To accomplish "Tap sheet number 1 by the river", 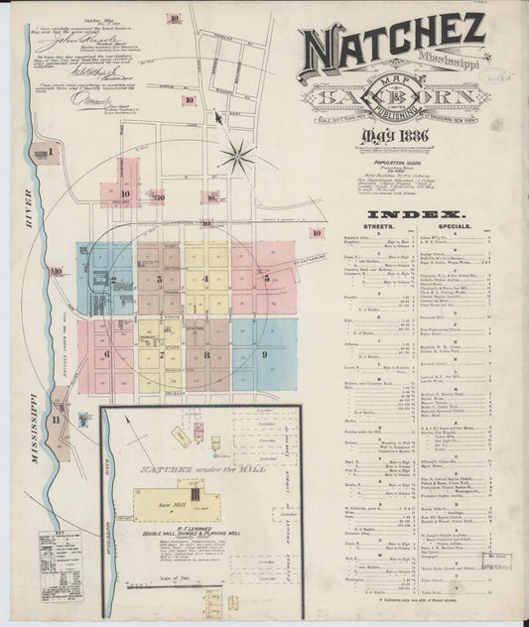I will [x=50, y=151].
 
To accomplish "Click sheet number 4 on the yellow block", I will [x=206, y=279].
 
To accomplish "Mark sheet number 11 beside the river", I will [x=57, y=420].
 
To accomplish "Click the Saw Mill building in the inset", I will [x=168, y=504].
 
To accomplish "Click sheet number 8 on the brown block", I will [x=206, y=354].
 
